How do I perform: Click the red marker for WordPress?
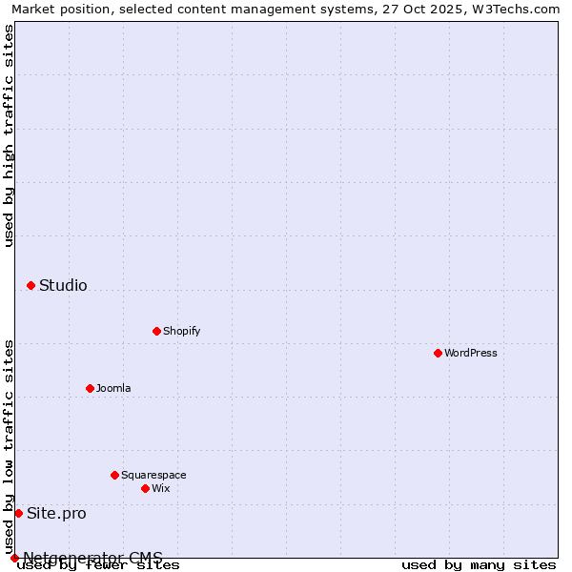pyautogui.click(x=438, y=353)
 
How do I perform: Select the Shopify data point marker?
pyautogui.click(x=156, y=331)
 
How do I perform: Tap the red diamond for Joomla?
pyautogui.click(x=90, y=388)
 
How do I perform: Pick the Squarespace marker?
pyautogui.click(x=114, y=475)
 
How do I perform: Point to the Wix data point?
pyautogui.click(x=145, y=488)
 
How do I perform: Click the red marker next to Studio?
pyautogui.click(x=31, y=285)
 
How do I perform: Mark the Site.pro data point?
pyautogui.click(x=18, y=513)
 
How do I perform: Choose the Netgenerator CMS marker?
pyautogui.click(x=14, y=558)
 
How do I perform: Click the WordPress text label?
pyautogui.click(x=471, y=353)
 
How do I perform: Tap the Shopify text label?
pyautogui.click(x=181, y=331)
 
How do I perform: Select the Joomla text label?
pyautogui.click(x=113, y=388)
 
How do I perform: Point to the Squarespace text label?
pyautogui.click(x=153, y=475)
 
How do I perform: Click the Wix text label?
pyautogui.click(x=160, y=488)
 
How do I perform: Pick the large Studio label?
pyautogui.click(x=63, y=285)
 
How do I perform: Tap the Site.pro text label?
pyautogui.click(x=56, y=513)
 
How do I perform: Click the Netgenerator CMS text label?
pyautogui.click(x=92, y=558)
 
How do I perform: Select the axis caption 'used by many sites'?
pyautogui.click(x=479, y=565)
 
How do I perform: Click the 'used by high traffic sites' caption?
pyautogui.click(x=10, y=135)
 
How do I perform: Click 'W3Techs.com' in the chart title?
pyautogui.click(x=516, y=9)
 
